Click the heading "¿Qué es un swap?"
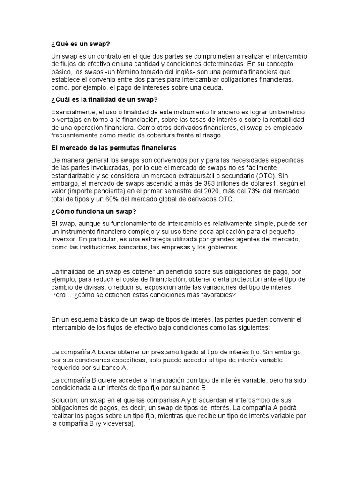[81, 44]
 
